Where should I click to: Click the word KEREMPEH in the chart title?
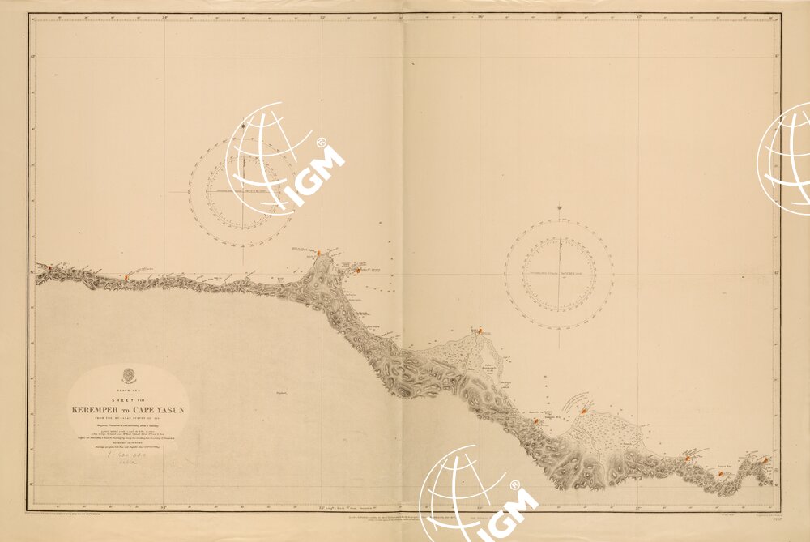[x=96, y=410]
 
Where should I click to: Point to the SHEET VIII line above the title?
[x=128, y=401]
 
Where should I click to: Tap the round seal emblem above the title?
[x=128, y=375]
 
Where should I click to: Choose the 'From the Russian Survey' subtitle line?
[x=128, y=418]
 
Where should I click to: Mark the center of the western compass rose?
[x=243, y=191]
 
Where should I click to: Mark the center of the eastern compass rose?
[x=559, y=274]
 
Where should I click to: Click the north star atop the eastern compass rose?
[x=559, y=208]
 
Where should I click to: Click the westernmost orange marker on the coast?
[x=49, y=267]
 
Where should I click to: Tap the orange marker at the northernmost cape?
[x=319, y=253]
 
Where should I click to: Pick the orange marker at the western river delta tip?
[x=480, y=331]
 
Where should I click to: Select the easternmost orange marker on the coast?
[x=765, y=460]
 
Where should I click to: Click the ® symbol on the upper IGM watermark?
[x=321, y=142]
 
